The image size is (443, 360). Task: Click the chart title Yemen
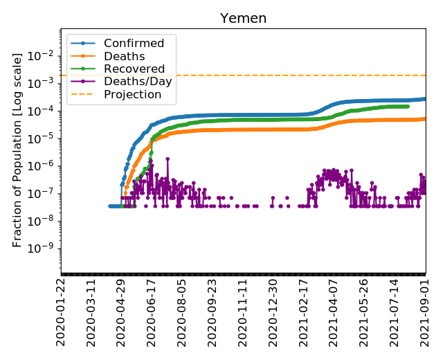(244, 19)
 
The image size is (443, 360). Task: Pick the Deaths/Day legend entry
(138, 82)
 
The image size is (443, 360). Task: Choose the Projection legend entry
(132, 94)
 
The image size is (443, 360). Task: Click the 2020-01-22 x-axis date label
(62, 310)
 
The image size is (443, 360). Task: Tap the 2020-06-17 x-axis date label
(153, 310)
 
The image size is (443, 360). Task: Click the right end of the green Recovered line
(408, 106)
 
